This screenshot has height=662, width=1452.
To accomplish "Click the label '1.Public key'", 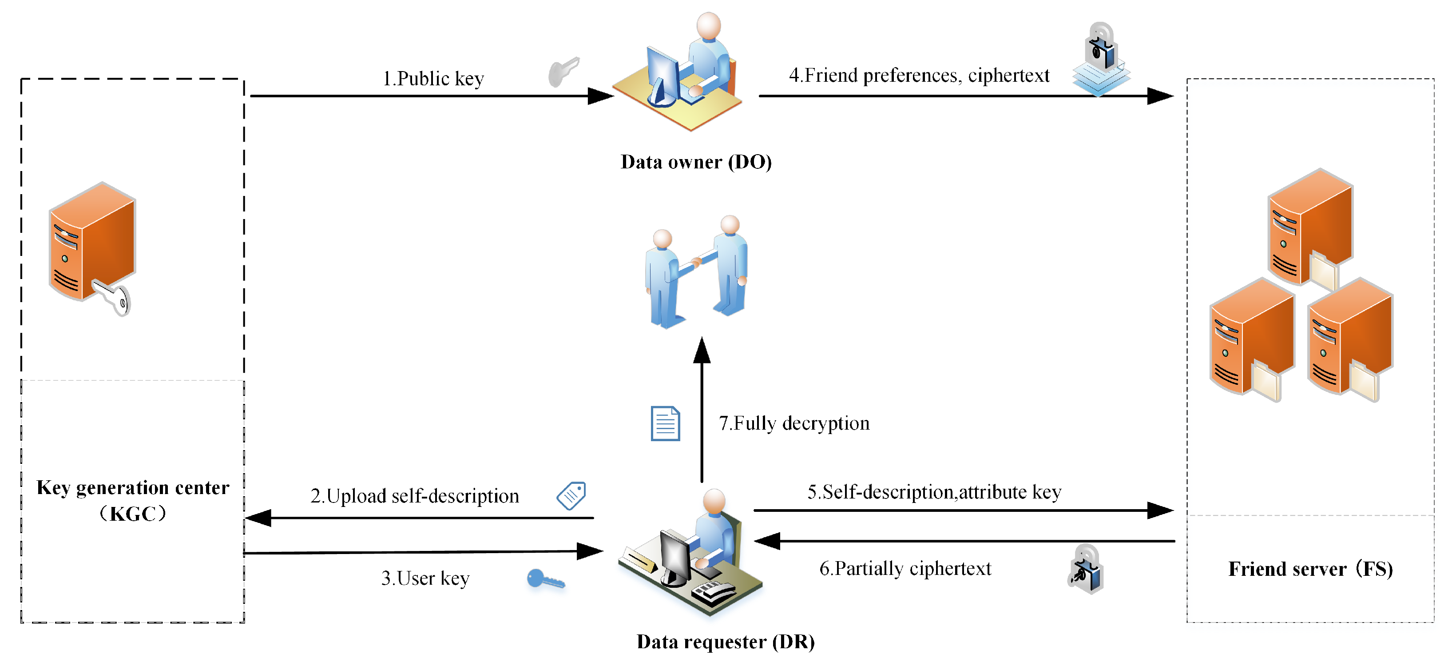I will (433, 78).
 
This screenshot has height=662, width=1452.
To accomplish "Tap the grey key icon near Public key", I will (563, 72).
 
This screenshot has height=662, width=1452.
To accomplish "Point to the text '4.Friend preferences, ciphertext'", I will (919, 75).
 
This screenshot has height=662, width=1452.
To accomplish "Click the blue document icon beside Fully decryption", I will (665, 423).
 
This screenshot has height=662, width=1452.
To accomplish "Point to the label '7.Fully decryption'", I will (793, 423).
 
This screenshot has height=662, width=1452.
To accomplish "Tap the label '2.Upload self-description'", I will (414, 496).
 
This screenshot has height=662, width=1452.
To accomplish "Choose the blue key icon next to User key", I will (544, 579).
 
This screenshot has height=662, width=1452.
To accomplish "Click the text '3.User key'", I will (425, 578).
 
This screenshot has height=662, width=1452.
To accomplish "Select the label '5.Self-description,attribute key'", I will (934, 492).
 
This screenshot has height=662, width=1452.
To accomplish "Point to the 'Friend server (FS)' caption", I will (1310, 568).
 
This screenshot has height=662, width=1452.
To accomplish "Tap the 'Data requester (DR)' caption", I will (726, 642).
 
